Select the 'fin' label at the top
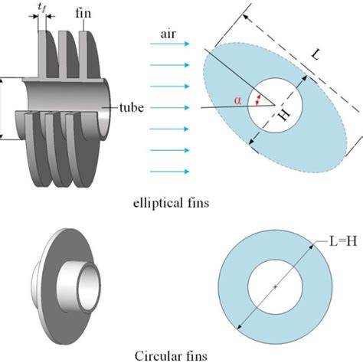(x=86, y=14)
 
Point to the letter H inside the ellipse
(x=284, y=116)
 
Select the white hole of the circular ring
(x=273, y=286)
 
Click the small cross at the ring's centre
(x=273, y=286)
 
